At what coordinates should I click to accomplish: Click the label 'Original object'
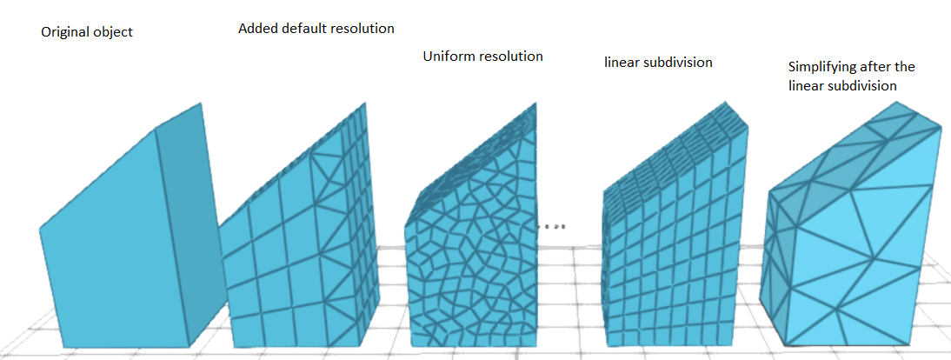[87, 32]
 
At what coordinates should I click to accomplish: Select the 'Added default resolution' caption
[316, 29]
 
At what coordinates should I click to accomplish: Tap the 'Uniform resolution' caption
[482, 57]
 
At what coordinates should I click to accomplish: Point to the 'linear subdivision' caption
[658, 63]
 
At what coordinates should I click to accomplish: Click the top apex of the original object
[203, 103]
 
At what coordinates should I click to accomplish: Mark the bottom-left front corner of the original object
[66, 349]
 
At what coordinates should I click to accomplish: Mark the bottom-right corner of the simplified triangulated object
[909, 343]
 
